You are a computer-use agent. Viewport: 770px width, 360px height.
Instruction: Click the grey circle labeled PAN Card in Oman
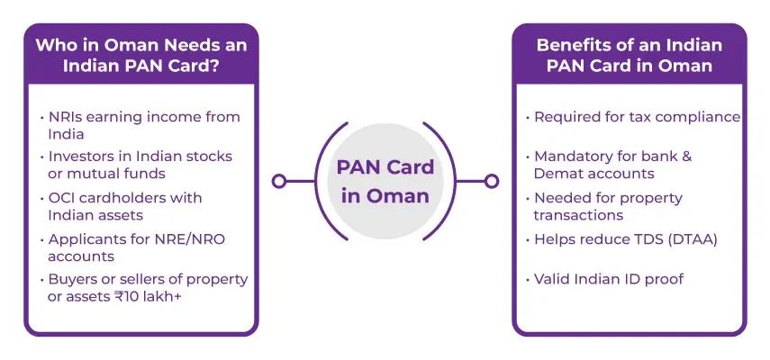pos(385,181)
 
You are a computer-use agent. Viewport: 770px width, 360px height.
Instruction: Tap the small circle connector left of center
pos(279,181)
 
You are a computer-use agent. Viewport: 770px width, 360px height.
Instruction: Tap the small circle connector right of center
pos(491,181)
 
